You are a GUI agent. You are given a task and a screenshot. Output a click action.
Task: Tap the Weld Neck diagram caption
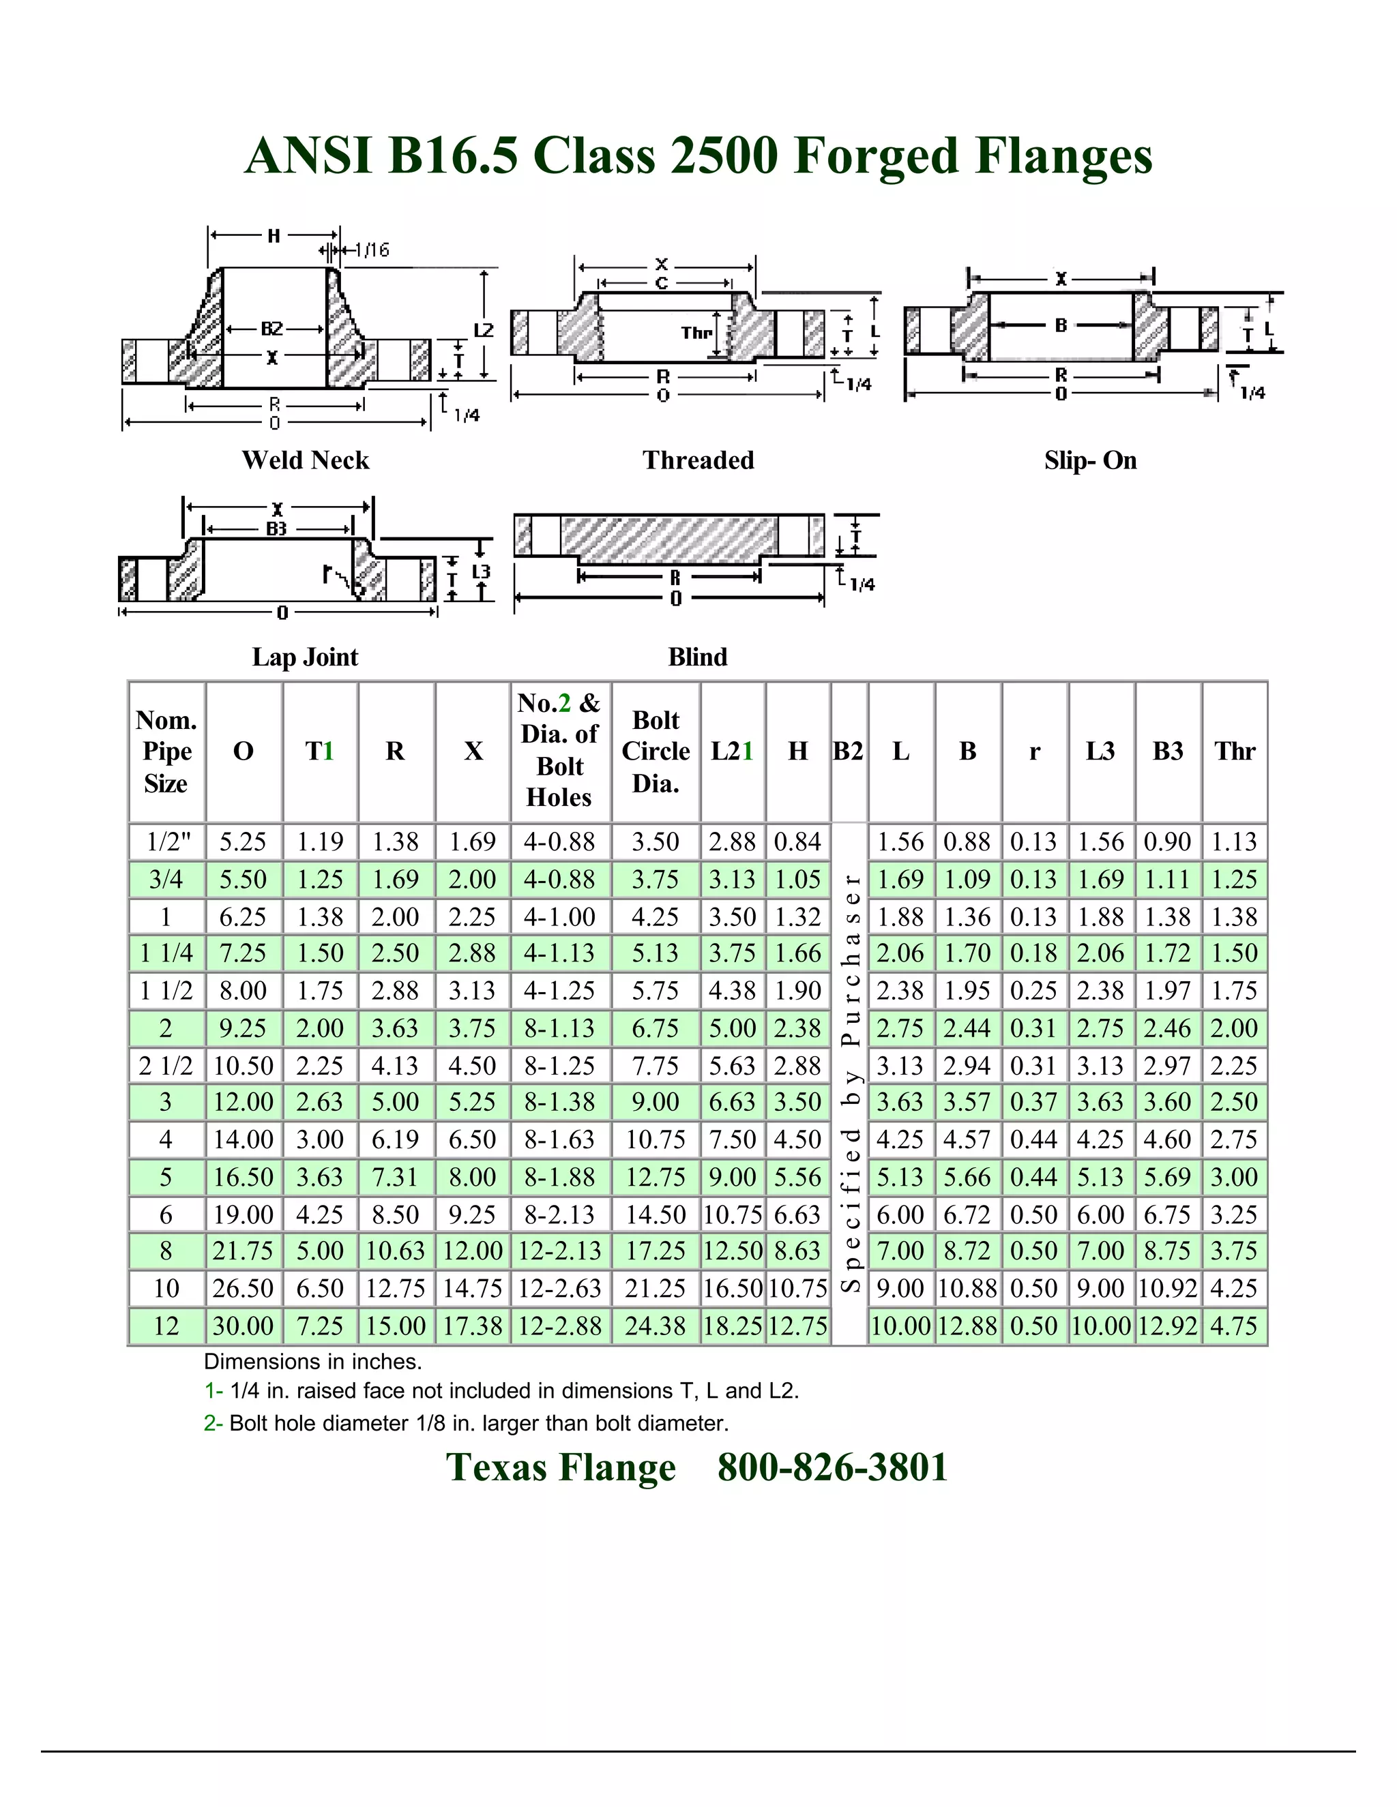click(x=306, y=460)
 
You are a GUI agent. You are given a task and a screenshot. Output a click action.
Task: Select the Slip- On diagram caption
click(x=1090, y=460)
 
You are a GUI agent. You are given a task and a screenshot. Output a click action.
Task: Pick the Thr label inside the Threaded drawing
click(x=696, y=333)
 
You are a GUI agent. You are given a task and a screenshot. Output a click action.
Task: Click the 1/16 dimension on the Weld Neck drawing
click(x=372, y=250)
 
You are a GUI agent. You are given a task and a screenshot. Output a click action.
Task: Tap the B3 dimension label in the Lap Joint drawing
click(x=276, y=528)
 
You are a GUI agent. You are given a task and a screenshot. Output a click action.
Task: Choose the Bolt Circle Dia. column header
click(x=656, y=751)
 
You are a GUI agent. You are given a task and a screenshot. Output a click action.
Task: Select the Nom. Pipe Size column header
click(x=166, y=751)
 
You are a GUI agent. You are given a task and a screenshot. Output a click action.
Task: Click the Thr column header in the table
click(x=1235, y=751)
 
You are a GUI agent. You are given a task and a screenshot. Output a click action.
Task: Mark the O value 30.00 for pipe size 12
click(x=244, y=1326)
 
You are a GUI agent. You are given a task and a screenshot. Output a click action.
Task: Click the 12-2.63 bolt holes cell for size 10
click(x=560, y=1288)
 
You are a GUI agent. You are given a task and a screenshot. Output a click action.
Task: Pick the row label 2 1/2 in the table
click(x=166, y=1066)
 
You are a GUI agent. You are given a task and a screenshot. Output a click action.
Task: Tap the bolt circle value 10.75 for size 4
click(x=656, y=1139)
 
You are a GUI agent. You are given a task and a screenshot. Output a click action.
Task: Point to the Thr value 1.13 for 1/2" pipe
click(x=1235, y=842)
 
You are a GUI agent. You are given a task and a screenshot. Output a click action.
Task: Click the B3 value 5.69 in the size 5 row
click(x=1168, y=1176)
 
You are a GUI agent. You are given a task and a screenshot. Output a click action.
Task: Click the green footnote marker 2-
click(x=213, y=1423)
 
